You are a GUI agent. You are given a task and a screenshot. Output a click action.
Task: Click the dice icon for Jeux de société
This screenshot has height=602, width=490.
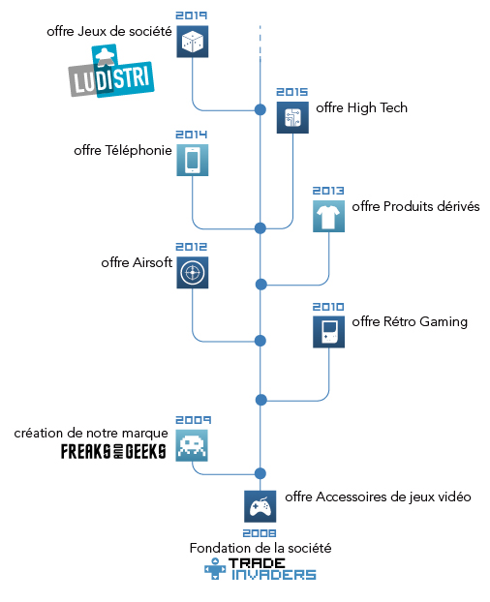193,42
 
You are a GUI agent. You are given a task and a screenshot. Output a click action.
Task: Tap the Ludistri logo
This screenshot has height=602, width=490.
111,72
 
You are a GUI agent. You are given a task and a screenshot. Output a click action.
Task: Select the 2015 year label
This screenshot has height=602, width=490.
292,92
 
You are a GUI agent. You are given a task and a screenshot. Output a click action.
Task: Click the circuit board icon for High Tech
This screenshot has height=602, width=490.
292,117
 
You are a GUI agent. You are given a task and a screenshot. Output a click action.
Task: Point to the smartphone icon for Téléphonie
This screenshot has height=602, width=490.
193,160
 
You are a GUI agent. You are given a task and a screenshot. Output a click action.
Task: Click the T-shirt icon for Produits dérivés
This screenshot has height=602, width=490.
328,216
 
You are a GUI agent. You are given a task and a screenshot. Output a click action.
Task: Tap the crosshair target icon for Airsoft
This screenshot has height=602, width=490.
193,273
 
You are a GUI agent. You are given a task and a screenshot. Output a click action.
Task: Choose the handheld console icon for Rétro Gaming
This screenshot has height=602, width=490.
328,332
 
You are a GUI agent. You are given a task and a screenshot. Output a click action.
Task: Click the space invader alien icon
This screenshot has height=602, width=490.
192,445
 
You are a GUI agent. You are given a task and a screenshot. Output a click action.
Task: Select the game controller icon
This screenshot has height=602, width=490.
260,506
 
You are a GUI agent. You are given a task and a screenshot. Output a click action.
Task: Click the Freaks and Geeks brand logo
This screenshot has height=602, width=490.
113,451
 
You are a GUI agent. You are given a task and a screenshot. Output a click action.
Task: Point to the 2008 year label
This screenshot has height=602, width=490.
260,533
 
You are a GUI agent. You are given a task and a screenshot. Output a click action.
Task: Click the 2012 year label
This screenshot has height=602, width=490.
192,247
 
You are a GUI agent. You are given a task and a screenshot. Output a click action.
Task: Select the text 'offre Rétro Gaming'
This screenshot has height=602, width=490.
410,321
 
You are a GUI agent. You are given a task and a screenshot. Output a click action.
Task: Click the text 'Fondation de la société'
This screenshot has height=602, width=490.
260,548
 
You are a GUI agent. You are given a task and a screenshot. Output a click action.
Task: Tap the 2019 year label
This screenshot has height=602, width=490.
192,15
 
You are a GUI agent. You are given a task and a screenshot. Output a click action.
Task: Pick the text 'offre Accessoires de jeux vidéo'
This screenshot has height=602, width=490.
378,497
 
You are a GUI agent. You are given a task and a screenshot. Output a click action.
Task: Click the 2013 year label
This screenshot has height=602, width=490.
328,191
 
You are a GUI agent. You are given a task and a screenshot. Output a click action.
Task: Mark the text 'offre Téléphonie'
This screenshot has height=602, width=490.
123,151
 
